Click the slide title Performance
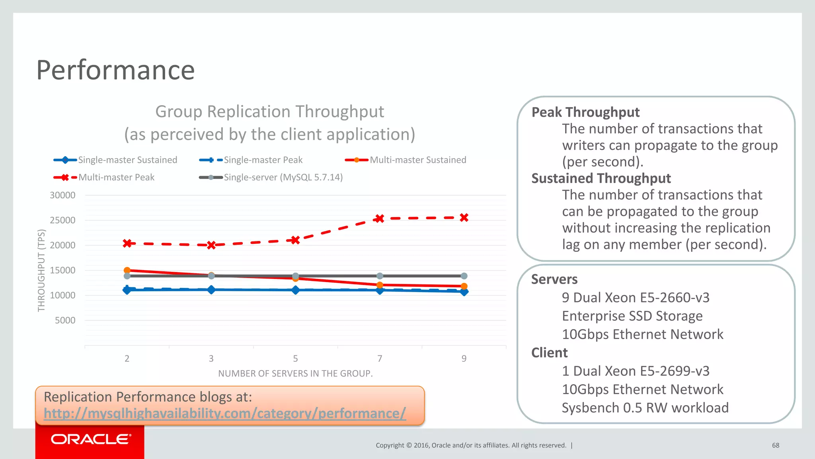tap(115, 70)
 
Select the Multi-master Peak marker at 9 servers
tap(464, 218)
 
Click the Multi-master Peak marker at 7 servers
tap(380, 218)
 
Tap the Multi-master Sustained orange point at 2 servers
tap(127, 270)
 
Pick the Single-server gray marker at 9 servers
tap(464, 276)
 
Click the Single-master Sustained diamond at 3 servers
tap(211, 290)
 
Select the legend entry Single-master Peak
tap(263, 160)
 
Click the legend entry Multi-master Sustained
tap(417, 160)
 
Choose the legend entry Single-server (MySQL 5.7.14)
tap(283, 177)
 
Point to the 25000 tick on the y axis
tap(62, 220)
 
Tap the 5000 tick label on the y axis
tap(65, 320)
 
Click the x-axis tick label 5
tap(295, 359)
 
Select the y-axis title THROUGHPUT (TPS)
tap(41, 271)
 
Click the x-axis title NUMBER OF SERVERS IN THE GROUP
tap(295, 373)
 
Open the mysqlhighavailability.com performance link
tap(225, 413)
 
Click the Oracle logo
tap(90, 439)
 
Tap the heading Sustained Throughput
tap(601, 178)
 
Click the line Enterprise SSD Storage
tap(632, 316)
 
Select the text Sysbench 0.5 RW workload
tap(645, 408)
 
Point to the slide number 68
tap(776, 445)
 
